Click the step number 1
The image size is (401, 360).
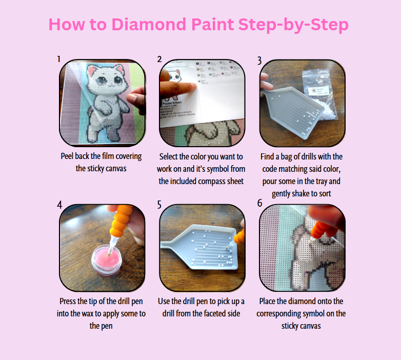(x=59, y=59)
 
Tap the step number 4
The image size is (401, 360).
(x=60, y=205)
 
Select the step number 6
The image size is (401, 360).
(x=259, y=204)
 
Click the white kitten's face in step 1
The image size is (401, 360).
(x=102, y=82)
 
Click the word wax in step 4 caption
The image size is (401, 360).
(x=109, y=313)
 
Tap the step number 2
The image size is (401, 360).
(x=159, y=59)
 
